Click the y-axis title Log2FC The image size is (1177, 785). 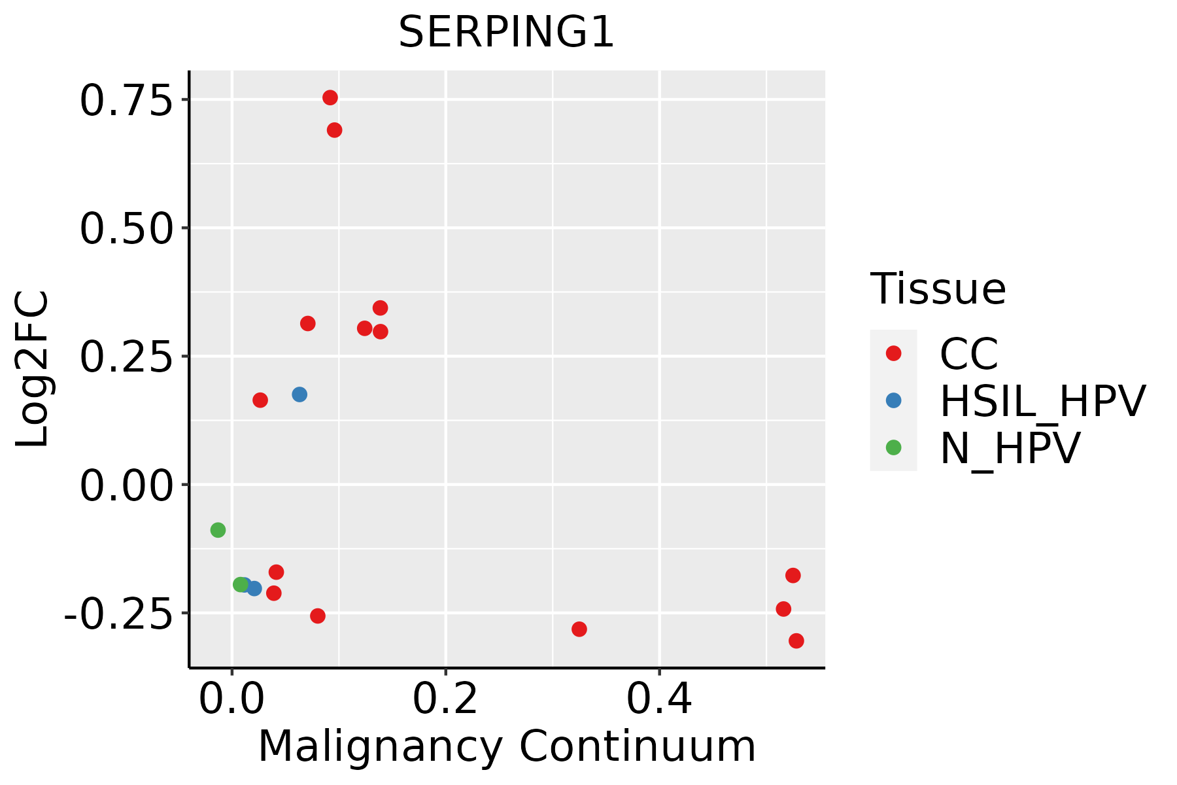[33, 369]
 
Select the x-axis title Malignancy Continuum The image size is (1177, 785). [507, 746]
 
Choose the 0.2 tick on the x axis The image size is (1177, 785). [445, 699]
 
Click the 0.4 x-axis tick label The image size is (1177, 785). [659, 699]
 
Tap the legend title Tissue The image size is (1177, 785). [938, 288]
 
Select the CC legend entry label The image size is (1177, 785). [968, 354]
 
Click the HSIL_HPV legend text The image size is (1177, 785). [1042, 401]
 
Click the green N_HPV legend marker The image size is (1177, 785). [893, 447]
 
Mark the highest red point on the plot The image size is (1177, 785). [330, 97]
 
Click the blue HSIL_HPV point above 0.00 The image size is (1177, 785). [299, 394]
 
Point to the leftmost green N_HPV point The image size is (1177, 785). [218, 530]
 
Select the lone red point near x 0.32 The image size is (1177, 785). [579, 629]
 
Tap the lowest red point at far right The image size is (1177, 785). [796, 641]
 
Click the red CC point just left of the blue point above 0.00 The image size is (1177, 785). [260, 400]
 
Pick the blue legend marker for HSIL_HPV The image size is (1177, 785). [893, 400]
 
